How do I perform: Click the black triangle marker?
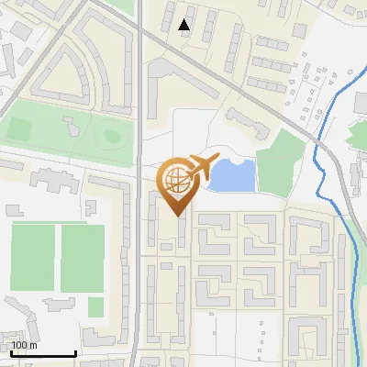tap(185, 26)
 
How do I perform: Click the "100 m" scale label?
tap(24, 346)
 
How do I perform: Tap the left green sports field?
tap(33, 258)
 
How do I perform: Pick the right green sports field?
tap(83, 258)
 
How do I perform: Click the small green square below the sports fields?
tap(95, 306)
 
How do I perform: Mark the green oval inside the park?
tap(112, 136)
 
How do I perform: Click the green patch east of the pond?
tap(280, 163)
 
